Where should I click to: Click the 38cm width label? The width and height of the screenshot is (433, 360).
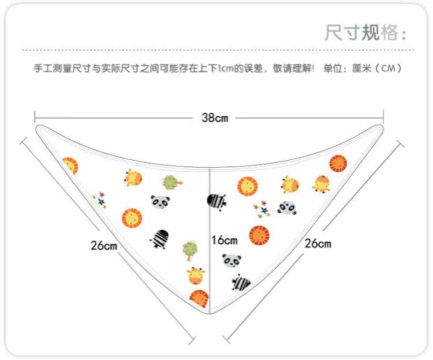[x=215, y=118]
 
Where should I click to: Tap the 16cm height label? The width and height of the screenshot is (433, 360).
[x=224, y=240]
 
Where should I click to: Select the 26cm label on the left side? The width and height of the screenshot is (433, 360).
[x=104, y=245]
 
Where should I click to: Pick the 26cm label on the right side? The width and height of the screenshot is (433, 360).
[x=318, y=243]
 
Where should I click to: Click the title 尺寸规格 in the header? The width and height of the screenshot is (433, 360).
[x=361, y=33]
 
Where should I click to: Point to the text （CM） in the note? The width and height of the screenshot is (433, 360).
[x=388, y=68]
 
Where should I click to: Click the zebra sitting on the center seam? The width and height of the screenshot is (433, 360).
[x=216, y=202]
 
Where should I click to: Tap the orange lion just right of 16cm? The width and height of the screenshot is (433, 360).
[x=259, y=235]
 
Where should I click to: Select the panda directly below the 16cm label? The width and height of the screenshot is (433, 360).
[x=232, y=260]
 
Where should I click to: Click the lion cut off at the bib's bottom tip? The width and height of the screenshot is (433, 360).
[x=199, y=298]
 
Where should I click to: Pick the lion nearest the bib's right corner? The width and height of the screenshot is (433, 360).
[x=338, y=163]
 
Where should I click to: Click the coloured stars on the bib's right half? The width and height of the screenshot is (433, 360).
[x=262, y=209]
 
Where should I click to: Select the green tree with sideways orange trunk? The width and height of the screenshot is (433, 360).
[x=171, y=182]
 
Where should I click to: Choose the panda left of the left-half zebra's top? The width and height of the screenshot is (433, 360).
[x=160, y=201]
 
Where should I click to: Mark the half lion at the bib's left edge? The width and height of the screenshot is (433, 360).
[x=70, y=165]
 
